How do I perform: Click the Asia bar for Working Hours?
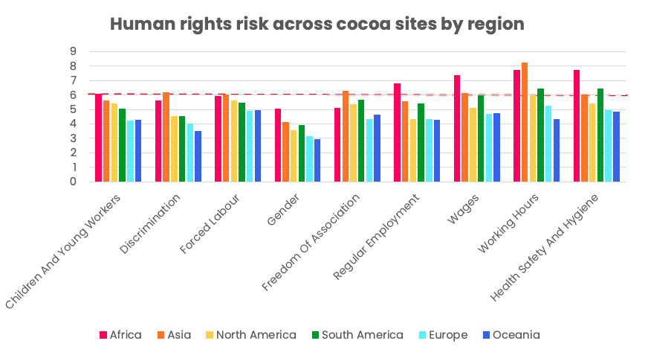coord(525,122)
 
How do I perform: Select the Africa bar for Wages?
coord(457,128)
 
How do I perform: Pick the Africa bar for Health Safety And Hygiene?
coord(577,126)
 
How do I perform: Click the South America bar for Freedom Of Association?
coord(361,141)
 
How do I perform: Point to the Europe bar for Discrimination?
coord(189,153)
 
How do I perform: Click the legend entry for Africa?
coord(120,335)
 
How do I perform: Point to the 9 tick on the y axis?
coord(74,51)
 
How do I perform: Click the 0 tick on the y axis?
coord(74,182)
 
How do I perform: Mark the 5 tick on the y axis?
coord(74,109)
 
